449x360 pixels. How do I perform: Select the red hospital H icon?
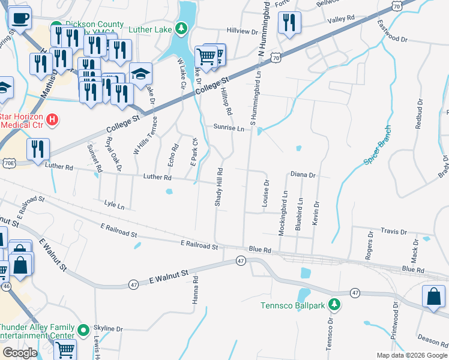[x=52, y=120]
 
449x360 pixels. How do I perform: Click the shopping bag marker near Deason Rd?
[x=433, y=297]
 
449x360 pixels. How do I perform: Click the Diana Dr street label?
[x=303, y=175]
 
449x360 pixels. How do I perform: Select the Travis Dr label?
[x=394, y=232]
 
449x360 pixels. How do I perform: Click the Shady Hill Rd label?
[x=220, y=188]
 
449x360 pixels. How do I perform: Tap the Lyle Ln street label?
[x=114, y=206]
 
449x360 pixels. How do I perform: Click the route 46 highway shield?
[x=6, y=287]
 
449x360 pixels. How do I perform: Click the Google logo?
[x=20, y=352]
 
